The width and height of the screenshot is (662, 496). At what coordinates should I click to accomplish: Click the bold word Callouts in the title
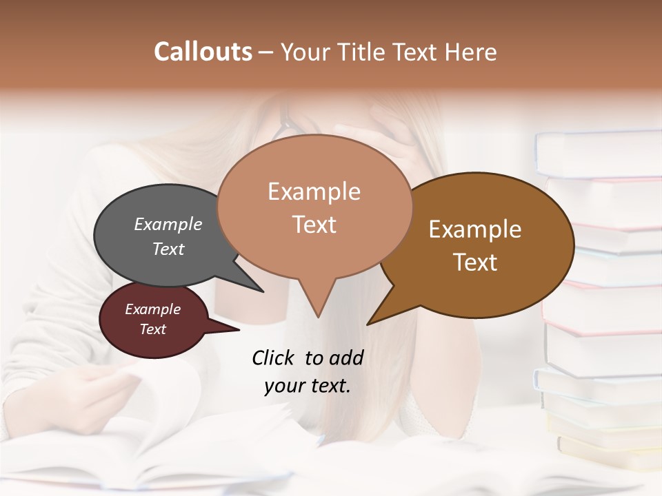point(203,52)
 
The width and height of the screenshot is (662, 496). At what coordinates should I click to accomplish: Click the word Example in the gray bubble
point(168,224)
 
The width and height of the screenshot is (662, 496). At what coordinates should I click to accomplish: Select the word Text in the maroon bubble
point(152,329)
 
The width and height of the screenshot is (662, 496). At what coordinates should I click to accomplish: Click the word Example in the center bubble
point(314,191)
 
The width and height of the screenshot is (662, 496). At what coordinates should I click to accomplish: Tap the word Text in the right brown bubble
point(475,262)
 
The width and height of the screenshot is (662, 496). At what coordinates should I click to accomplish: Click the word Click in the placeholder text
point(274,358)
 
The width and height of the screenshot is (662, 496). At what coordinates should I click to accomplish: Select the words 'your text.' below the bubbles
point(307,386)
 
